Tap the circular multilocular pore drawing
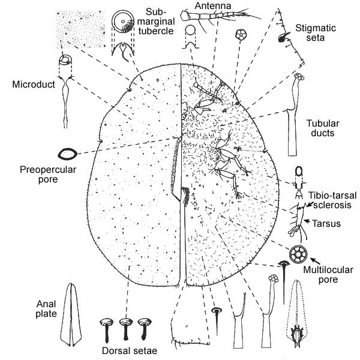(x=298, y=254)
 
